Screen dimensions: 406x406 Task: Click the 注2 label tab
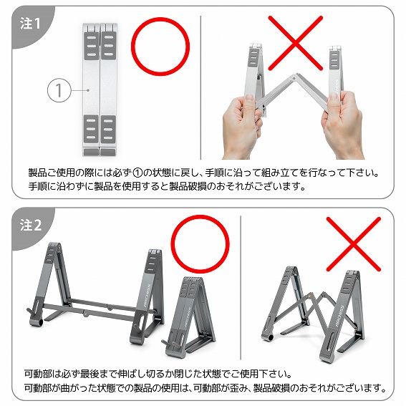tap(29, 225)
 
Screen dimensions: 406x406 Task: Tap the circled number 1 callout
tap(58, 91)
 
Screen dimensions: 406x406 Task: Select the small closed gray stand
tap(190, 315)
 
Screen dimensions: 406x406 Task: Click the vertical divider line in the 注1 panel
tap(203, 86)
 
